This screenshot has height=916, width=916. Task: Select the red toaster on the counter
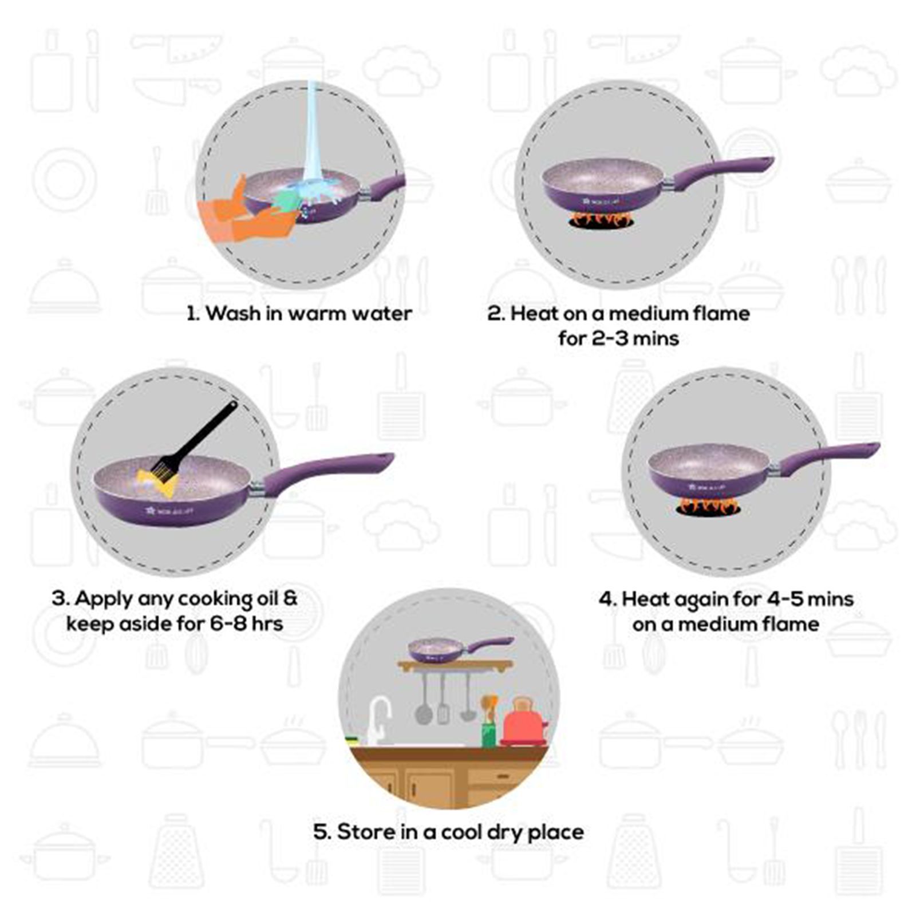point(523,724)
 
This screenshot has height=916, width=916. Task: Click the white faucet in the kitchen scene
point(378,718)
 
